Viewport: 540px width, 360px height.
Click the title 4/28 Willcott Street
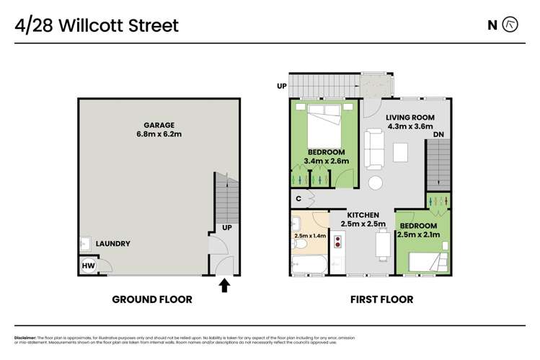tap(97, 27)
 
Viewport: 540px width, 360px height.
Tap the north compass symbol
tap(510, 25)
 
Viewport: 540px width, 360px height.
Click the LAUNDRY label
tap(112, 244)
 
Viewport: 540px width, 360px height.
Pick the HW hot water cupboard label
tap(87, 265)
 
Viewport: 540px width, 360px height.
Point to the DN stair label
tap(438, 134)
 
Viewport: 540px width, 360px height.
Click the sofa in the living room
tap(373, 148)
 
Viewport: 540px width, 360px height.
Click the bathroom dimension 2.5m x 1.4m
tap(310, 236)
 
